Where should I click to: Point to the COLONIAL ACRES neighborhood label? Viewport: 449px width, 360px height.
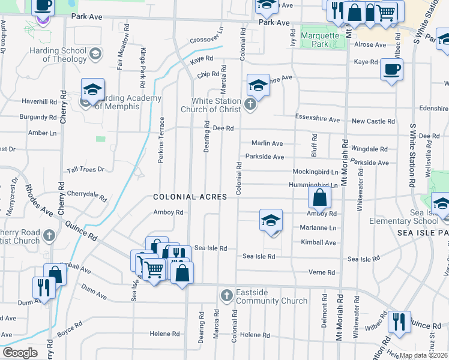click(x=190, y=197)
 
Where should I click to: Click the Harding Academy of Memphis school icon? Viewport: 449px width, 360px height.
click(x=92, y=91)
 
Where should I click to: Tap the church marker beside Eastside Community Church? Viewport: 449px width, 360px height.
click(x=226, y=295)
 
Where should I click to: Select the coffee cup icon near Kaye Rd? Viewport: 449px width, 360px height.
click(x=391, y=69)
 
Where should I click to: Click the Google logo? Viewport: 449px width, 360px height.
click(x=20, y=353)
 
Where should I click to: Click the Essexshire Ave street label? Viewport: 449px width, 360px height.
click(x=318, y=116)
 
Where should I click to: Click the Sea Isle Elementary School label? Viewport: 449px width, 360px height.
click(x=416, y=217)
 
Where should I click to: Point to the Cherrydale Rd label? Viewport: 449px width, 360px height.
click(x=87, y=196)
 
